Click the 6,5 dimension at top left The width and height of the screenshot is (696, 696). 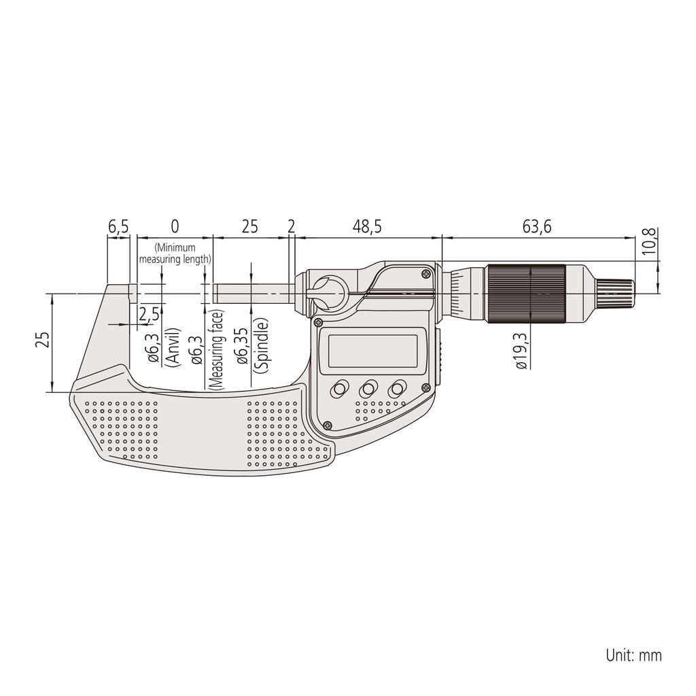click(118, 227)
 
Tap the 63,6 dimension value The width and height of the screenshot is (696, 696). click(537, 227)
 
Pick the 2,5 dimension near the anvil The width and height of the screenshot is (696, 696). click(149, 314)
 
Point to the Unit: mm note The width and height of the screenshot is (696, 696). click(633, 655)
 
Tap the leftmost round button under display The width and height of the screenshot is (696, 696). click(338, 389)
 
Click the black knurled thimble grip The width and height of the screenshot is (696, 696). click(524, 292)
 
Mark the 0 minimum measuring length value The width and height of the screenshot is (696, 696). click(175, 227)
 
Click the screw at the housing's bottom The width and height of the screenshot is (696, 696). click(328, 426)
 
